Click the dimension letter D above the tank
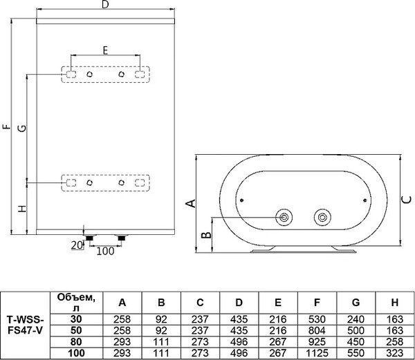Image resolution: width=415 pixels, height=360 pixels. pyautogui.click(x=105, y=6)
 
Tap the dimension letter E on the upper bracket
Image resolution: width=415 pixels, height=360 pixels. pyautogui.click(x=105, y=50)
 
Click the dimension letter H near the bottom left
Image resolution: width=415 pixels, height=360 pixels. pyautogui.click(x=21, y=208)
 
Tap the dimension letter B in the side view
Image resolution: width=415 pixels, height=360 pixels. pyautogui.click(x=205, y=235)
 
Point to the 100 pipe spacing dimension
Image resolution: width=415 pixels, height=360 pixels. pyautogui.click(x=104, y=251)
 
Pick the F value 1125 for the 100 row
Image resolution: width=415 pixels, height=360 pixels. pyautogui.click(x=315, y=352)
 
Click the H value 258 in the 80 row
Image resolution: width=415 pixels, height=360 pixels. pyautogui.click(x=392, y=341)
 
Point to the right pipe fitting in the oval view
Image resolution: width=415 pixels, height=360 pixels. pyautogui.click(x=321, y=218)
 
